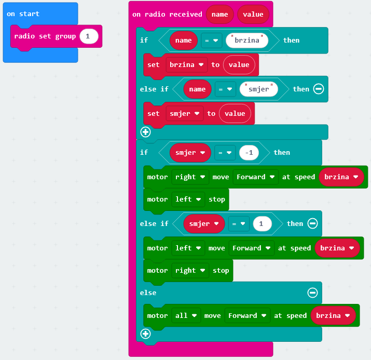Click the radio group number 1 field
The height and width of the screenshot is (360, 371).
click(x=88, y=36)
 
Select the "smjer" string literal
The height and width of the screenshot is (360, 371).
click(x=259, y=89)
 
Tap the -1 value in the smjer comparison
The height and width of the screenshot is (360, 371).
click(x=249, y=153)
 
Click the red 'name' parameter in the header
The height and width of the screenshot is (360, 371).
click(x=219, y=15)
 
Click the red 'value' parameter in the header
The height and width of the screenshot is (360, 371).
click(x=253, y=15)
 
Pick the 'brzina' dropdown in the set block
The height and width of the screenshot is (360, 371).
click(x=185, y=65)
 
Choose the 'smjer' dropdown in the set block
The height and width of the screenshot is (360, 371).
click(x=184, y=114)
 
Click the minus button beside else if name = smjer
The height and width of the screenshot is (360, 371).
click(x=319, y=89)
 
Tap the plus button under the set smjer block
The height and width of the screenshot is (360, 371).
click(x=145, y=132)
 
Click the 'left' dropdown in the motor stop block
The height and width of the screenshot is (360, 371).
click(x=187, y=199)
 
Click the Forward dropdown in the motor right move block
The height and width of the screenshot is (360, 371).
click(x=255, y=177)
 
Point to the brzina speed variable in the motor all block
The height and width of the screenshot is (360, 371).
click(x=333, y=316)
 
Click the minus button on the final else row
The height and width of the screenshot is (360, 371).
click(x=312, y=293)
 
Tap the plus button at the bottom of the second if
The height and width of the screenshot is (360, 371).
click(x=145, y=334)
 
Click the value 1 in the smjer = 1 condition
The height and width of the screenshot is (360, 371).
click(x=262, y=224)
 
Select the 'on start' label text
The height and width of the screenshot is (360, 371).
click(x=23, y=14)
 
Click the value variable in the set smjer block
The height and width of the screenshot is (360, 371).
click(x=235, y=114)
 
